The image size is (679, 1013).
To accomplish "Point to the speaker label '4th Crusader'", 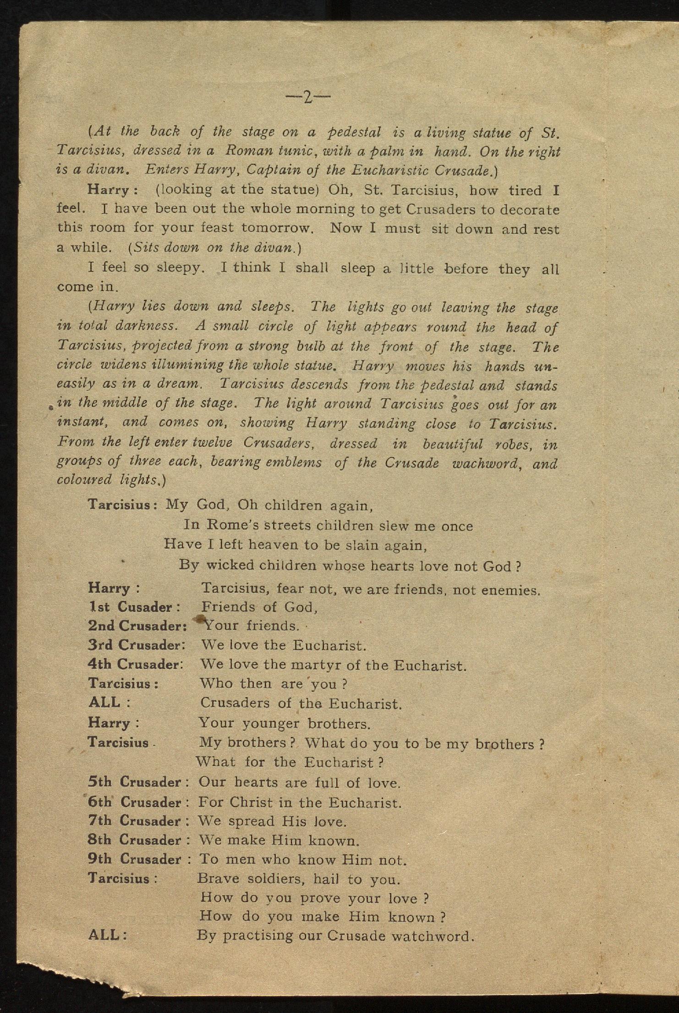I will tap(135, 664).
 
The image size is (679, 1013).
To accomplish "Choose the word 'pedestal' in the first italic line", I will tap(354, 132).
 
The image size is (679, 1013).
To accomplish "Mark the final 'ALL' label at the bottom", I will tap(104, 935).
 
